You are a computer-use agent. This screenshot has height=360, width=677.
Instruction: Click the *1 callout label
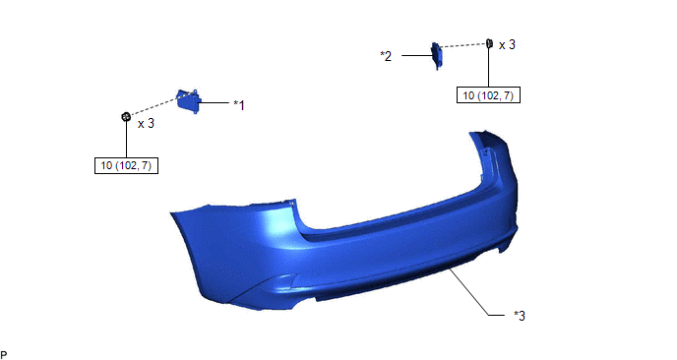coord(239,105)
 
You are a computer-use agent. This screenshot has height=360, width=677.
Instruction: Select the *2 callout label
coord(386,56)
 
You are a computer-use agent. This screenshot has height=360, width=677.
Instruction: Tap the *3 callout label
coord(520,316)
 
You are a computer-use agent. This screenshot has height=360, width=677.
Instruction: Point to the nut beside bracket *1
coord(126,116)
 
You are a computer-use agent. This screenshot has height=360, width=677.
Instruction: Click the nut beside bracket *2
coord(489,42)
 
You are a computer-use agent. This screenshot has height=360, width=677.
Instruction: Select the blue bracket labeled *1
coord(189,101)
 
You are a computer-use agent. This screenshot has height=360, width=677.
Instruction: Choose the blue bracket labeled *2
coord(437,56)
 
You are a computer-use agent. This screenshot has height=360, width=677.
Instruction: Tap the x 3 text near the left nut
coord(146,124)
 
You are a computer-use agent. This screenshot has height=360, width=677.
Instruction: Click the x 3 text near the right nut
coord(508,45)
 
